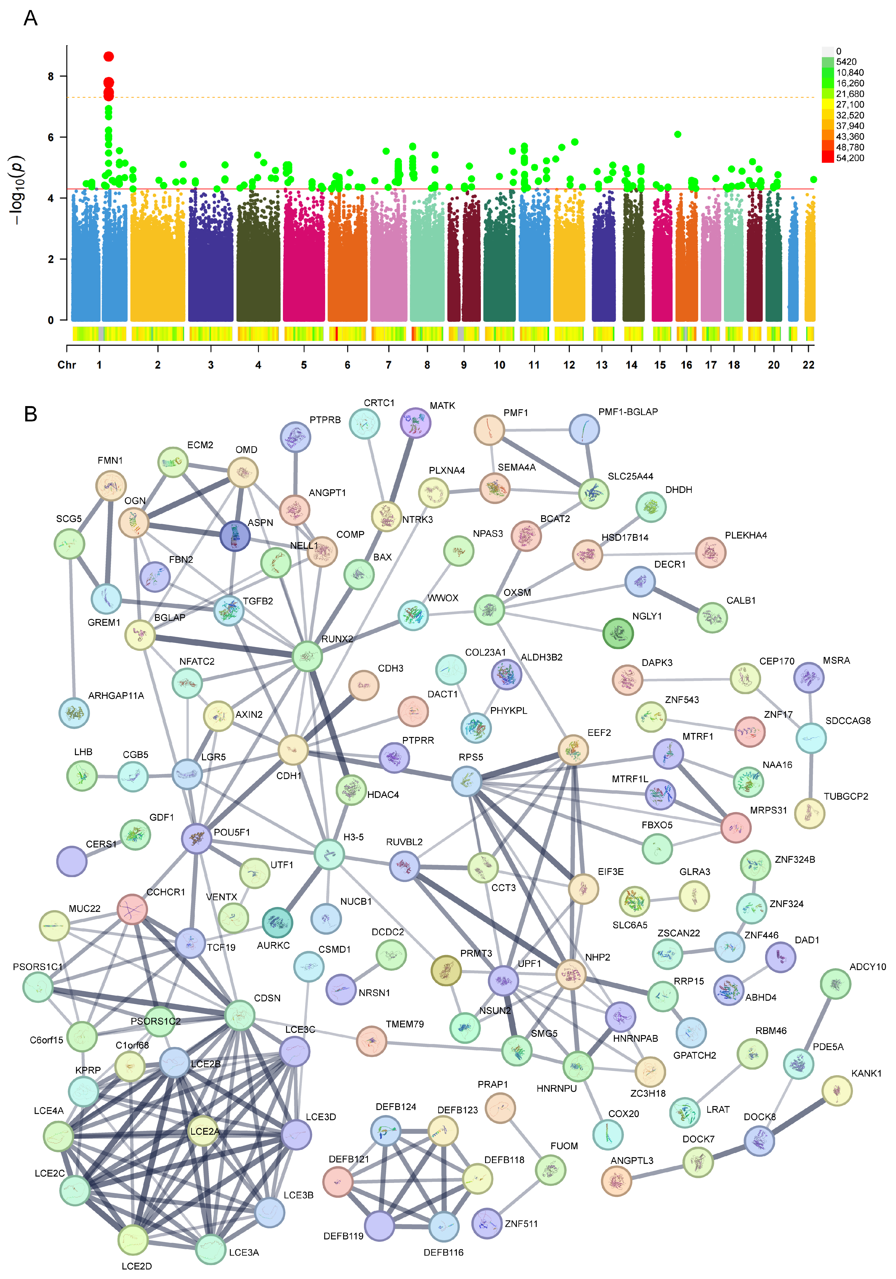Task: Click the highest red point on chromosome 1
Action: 108,56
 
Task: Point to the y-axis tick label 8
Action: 51,76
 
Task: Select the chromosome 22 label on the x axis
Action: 808,365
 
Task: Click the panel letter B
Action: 31,414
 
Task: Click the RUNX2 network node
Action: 307,656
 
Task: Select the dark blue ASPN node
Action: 235,536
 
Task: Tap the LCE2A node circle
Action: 203,1131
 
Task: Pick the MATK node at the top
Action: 415,423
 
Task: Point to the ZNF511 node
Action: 487,1223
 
